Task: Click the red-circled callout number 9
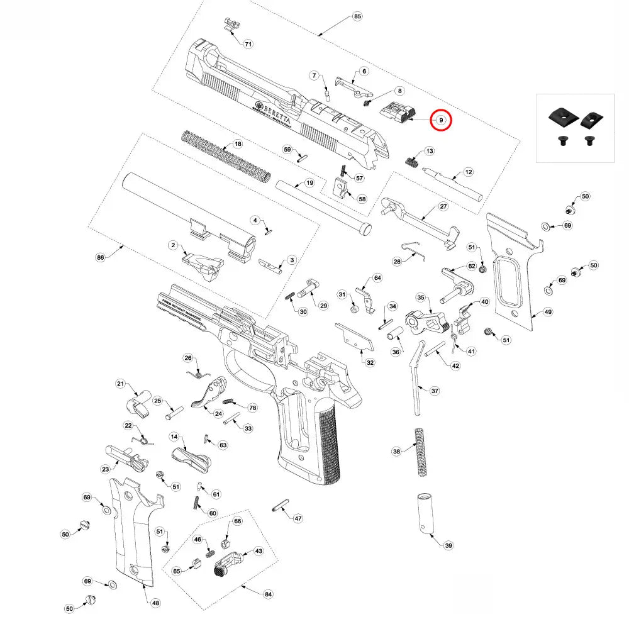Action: (442, 120)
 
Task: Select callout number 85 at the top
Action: (357, 16)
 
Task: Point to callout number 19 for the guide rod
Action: (309, 183)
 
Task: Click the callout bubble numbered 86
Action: (100, 258)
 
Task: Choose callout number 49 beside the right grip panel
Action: (548, 312)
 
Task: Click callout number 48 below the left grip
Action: (155, 603)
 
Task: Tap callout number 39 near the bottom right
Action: (448, 545)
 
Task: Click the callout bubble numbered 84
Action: (268, 594)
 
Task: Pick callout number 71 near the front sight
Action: (248, 44)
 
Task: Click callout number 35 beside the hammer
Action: (421, 297)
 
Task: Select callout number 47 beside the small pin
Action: (298, 518)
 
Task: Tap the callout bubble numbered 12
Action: (468, 171)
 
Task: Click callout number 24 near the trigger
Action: (218, 413)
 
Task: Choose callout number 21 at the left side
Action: (121, 384)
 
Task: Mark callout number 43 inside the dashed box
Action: (258, 550)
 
